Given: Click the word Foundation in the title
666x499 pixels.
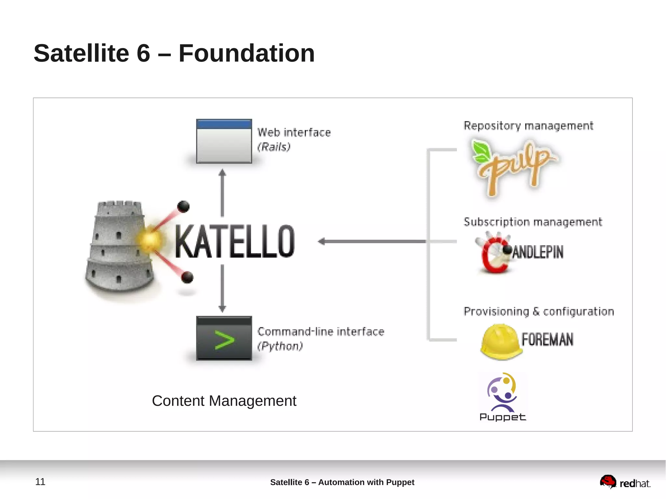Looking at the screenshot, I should [246, 53].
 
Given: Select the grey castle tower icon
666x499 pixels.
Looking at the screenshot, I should [119, 247].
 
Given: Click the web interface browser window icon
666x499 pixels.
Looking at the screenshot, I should [224, 141].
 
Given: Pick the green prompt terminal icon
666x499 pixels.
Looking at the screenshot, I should [224, 338].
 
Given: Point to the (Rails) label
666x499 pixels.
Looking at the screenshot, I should [273, 147].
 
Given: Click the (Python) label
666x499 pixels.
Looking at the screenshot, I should [280, 346].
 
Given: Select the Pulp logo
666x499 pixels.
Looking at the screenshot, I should [514, 167].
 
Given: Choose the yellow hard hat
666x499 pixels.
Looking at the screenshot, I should [500, 341].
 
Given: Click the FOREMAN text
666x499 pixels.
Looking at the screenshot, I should [547, 339].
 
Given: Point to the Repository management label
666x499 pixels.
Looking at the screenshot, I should [528, 125].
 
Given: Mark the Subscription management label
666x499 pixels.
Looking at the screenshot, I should [532, 222].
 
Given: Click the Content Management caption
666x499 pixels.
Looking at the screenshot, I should [224, 401].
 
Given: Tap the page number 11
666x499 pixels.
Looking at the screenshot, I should [40, 481].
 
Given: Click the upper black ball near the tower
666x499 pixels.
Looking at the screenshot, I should [183, 206].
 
